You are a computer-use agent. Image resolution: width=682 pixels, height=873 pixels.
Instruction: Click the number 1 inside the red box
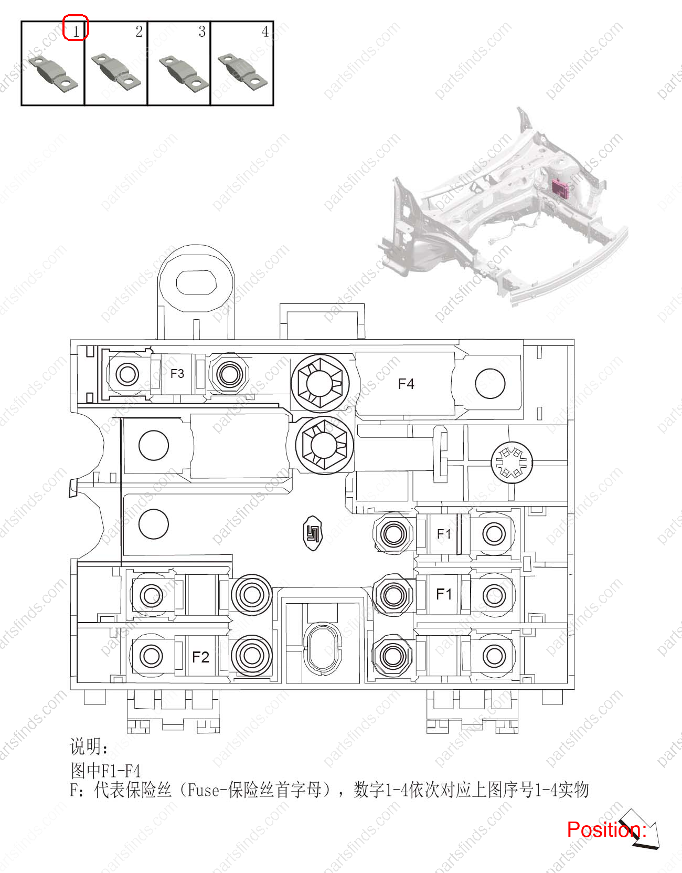(x=76, y=31)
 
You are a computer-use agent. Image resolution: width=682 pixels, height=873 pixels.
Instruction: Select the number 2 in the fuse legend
(x=139, y=31)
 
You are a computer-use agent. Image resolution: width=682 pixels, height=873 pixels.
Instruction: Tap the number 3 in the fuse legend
(x=202, y=31)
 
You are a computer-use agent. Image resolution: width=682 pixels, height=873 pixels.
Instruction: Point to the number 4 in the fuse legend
(x=265, y=31)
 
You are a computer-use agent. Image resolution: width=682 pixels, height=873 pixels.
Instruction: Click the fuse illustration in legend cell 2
(x=116, y=72)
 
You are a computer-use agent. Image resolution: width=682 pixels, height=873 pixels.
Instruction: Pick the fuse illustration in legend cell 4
(x=242, y=72)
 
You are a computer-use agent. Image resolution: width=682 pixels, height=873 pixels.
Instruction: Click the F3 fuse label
(x=177, y=373)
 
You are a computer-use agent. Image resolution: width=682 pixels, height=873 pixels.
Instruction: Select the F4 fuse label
(x=406, y=384)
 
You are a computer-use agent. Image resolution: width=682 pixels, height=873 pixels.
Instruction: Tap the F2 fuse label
(x=200, y=657)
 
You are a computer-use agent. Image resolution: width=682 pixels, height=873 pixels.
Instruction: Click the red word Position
(x=604, y=829)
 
